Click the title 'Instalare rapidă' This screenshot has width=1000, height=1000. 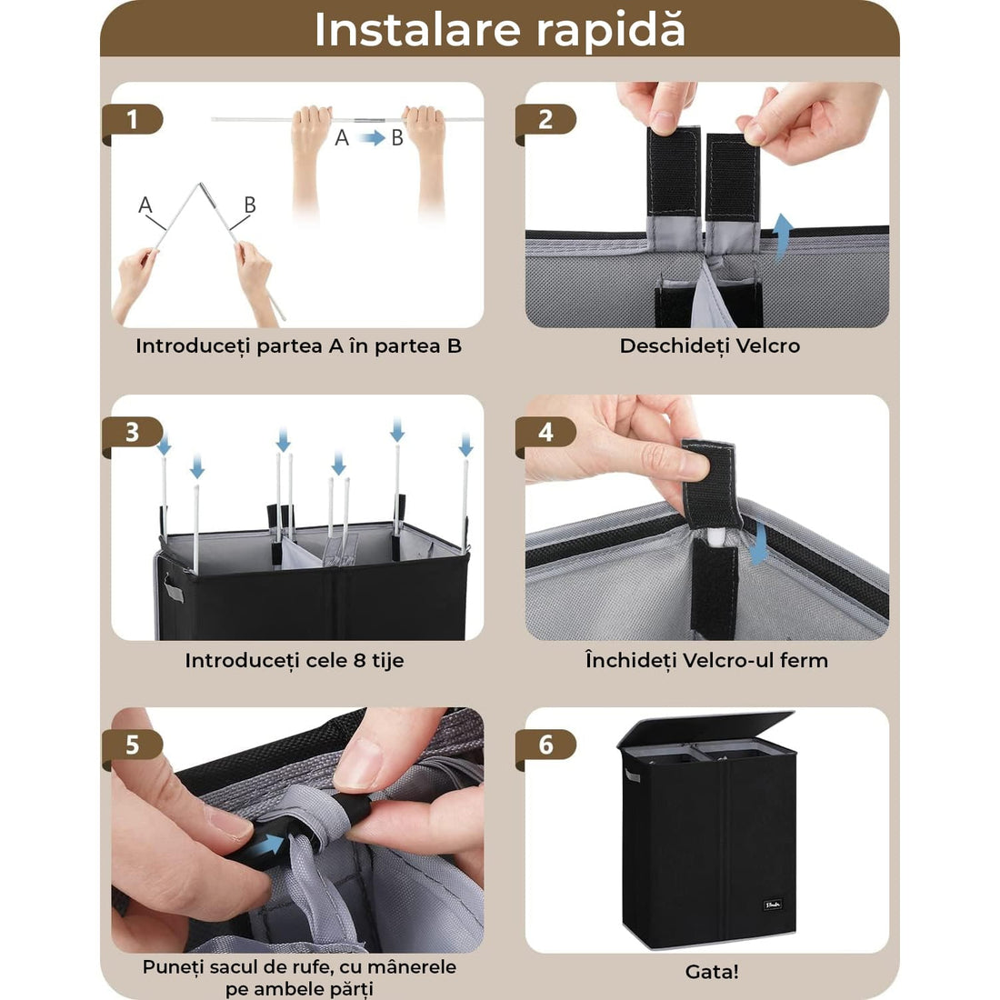click(x=499, y=30)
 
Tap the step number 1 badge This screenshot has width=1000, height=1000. click(x=133, y=120)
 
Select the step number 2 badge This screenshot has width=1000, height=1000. click(x=545, y=120)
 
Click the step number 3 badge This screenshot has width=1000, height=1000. click(x=133, y=432)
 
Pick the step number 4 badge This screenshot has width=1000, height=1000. click(x=545, y=432)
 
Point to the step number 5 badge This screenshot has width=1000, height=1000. click(x=133, y=745)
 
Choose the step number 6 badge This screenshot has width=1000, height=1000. click(x=545, y=745)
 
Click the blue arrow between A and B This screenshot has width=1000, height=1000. click(x=370, y=138)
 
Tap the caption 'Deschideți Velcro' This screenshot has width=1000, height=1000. click(x=709, y=345)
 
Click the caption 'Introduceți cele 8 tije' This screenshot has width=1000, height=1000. click(x=294, y=660)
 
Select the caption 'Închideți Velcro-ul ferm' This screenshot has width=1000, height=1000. click(x=706, y=660)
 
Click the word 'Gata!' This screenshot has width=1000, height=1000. click(x=711, y=972)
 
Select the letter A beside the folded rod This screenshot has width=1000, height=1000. click(x=145, y=205)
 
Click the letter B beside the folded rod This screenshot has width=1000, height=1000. click(x=250, y=205)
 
